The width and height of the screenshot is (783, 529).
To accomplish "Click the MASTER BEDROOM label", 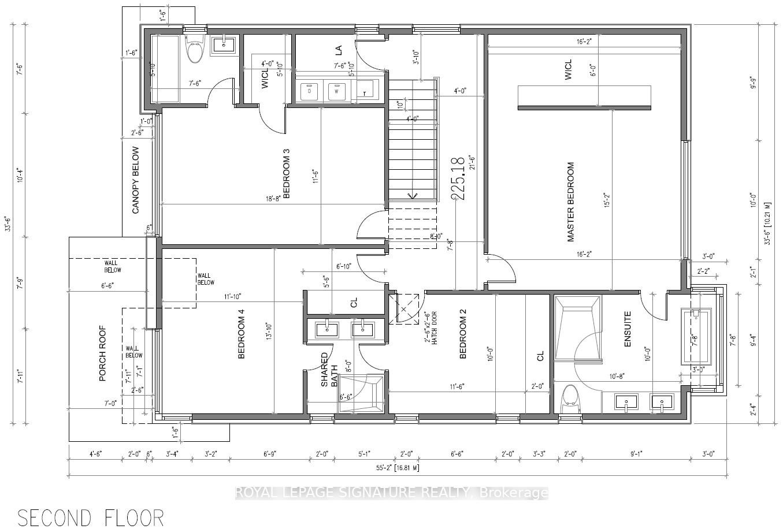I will (x=571, y=202).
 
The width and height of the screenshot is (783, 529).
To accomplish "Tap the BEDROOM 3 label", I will (x=285, y=174).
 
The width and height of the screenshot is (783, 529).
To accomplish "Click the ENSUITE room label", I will (x=628, y=330).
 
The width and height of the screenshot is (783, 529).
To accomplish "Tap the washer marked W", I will (x=337, y=91).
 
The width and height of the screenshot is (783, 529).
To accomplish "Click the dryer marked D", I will (x=310, y=91).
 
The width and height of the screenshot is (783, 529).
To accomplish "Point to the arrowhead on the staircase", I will (x=413, y=195).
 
